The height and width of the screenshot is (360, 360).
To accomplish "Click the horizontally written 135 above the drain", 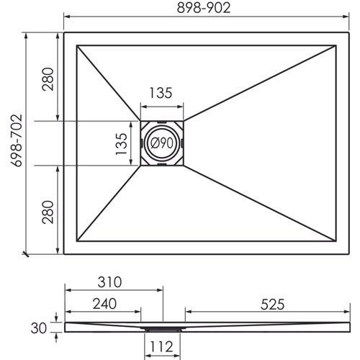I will (161, 93).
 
